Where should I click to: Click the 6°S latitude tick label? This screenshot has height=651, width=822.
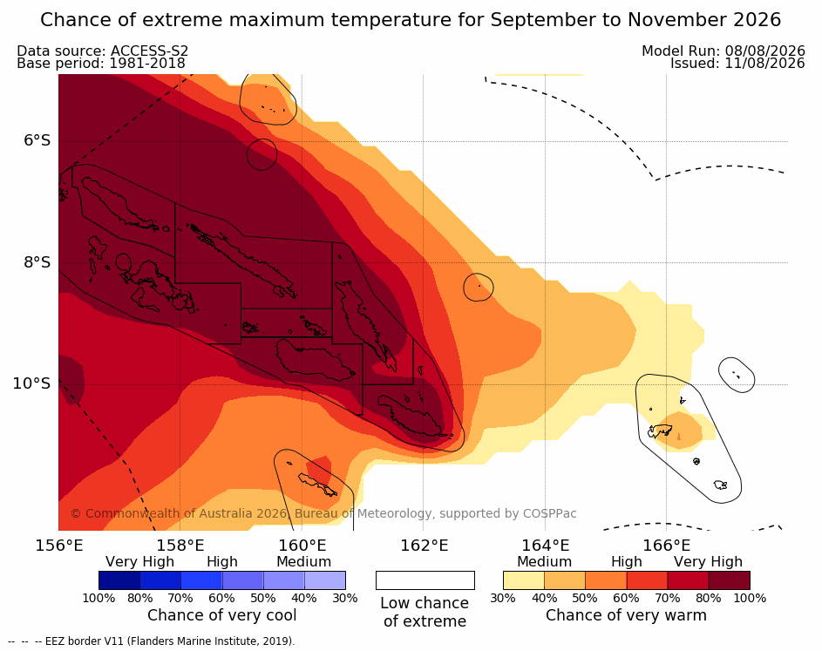pos(37,140)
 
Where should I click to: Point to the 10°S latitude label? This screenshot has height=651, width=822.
pos(32,383)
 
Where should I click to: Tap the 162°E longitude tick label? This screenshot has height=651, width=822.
pos(425,546)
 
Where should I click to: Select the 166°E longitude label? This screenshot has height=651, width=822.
pos(666,546)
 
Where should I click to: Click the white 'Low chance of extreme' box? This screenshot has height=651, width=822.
pos(425,580)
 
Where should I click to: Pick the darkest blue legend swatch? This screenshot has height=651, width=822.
pos(119,580)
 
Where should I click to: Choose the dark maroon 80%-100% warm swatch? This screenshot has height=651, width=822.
pos(730,580)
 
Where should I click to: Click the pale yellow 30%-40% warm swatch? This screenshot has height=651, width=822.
pos(524,580)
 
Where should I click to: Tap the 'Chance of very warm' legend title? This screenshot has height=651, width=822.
pos(626,615)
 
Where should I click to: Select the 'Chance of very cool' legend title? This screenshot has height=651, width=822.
pos(221,615)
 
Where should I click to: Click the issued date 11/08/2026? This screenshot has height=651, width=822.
pos(764,64)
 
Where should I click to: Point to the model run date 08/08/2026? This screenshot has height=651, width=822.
pos(764,51)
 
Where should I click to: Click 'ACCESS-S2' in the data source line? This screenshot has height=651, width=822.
pos(149,51)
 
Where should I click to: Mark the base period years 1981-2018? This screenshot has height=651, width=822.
pos(146,64)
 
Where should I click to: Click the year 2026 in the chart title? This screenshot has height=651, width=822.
pos(757,20)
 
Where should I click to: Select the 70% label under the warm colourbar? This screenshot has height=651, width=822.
pos(668,598)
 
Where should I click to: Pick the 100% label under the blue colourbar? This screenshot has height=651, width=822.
pos(99,598)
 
